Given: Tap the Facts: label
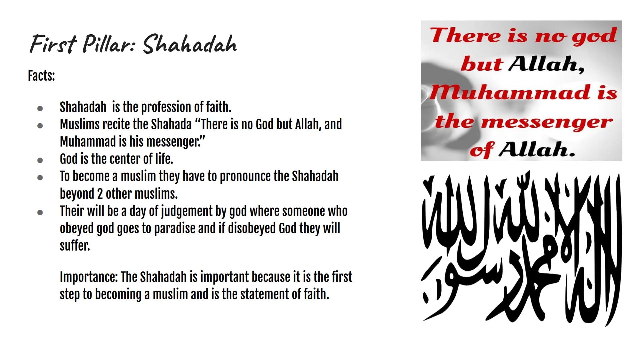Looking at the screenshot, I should (41, 76).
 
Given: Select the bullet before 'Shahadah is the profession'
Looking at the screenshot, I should (40, 108).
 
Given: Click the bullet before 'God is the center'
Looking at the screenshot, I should (40, 160).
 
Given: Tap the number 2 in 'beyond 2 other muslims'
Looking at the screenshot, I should (100, 194).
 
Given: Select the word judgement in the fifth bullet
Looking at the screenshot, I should (180, 211).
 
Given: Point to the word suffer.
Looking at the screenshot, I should (75, 246).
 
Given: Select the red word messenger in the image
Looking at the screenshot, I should (547, 122).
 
